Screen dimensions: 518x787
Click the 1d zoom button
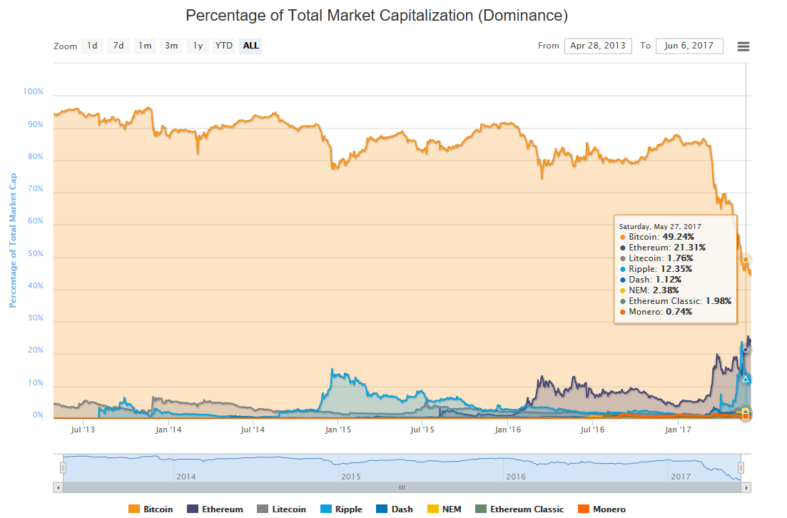[x=92, y=46]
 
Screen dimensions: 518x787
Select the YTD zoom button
[x=224, y=46]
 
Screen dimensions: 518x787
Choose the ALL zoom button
[x=250, y=46]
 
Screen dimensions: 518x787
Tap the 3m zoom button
[x=171, y=46]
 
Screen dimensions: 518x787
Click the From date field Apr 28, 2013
[x=598, y=46]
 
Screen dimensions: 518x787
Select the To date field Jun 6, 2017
[x=689, y=46]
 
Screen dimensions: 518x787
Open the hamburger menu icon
[x=743, y=46]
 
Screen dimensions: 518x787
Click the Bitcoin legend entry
[x=151, y=509]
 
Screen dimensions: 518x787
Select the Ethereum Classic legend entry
[x=520, y=509]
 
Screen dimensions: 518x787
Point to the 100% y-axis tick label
[x=34, y=92]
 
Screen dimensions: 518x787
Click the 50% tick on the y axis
[x=36, y=254]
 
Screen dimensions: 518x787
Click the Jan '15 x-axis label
[x=337, y=430]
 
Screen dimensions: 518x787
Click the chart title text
[x=377, y=15]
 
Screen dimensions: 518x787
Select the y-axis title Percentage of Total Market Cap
[x=12, y=240]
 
